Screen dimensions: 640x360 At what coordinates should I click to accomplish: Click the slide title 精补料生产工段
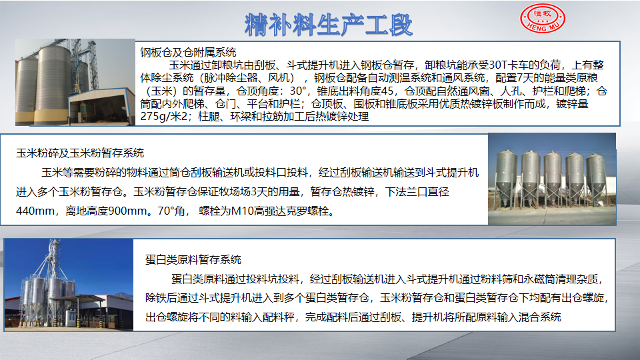point(329,25)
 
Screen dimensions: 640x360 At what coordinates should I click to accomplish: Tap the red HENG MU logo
point(543,18)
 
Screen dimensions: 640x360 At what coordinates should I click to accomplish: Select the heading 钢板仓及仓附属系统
point(188,52)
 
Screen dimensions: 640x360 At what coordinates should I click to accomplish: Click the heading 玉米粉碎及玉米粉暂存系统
point(80,153)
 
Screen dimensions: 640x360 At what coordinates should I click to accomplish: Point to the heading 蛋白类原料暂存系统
point(193,259)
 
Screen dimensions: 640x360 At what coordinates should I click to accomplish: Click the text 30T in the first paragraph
point(497,65)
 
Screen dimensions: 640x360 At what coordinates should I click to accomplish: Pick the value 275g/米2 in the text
point(164,117)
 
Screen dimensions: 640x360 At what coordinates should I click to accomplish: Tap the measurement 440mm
point(35,211)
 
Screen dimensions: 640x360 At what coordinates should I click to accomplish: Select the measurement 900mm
point(126,211)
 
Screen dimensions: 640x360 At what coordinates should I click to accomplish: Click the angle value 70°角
point(171,211)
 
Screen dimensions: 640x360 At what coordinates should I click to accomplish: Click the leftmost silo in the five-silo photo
point(506,177)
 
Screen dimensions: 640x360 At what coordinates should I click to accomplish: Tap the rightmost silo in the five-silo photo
point(595,178)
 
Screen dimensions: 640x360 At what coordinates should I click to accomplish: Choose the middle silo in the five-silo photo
point(553,178)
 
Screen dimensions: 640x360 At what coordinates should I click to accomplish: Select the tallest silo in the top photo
point(52,84)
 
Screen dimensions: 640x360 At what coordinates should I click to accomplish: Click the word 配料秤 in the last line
point(279,317)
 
